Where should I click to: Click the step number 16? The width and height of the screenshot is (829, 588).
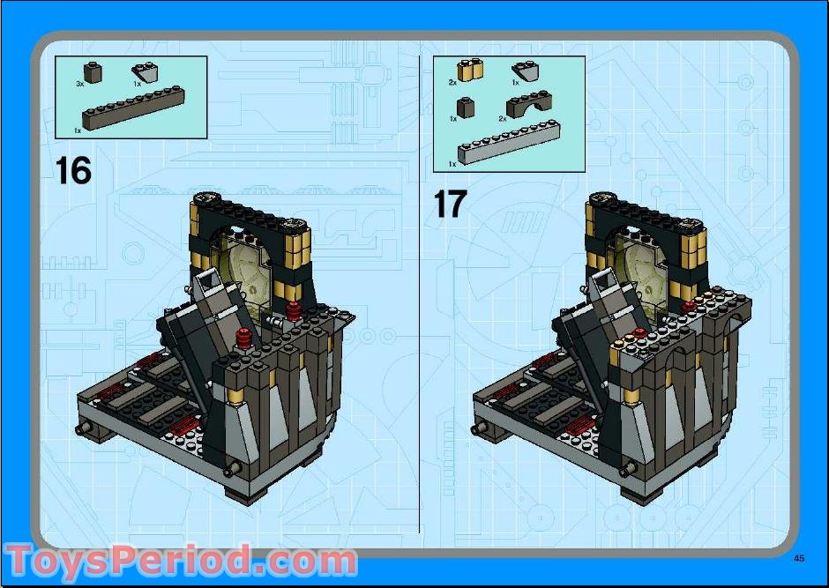pos(73,169)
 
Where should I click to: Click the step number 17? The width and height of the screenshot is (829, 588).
pos(449,205)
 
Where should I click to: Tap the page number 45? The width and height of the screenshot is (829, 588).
pos(799,557)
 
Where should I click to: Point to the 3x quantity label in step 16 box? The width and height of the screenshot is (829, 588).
pos(79,83)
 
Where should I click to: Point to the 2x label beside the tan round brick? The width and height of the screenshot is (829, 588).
pos(452,82)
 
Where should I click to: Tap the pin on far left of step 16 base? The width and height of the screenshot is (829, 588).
pos(86,429)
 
